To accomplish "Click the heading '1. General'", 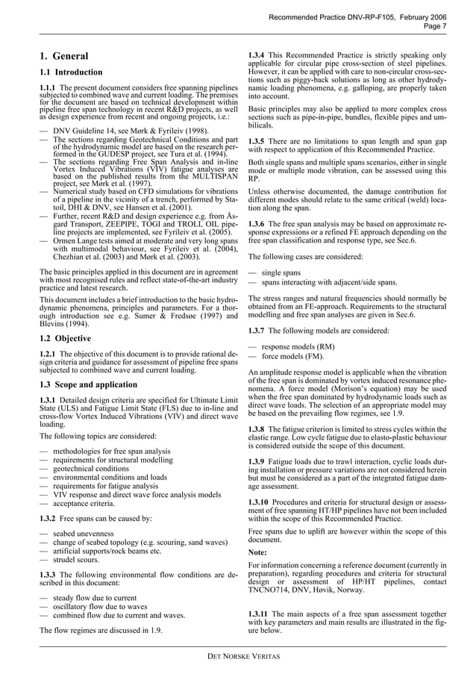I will click(63, 56).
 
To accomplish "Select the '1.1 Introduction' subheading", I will click(71, 72).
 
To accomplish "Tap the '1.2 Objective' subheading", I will click(66, 338).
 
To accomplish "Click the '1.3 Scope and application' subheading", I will click(87, 384).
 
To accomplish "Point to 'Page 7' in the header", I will click(434, 25).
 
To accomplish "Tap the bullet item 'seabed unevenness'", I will click(83, 534).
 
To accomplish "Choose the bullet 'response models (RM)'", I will click(298, 348).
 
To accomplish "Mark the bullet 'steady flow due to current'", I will click(95, 598).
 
